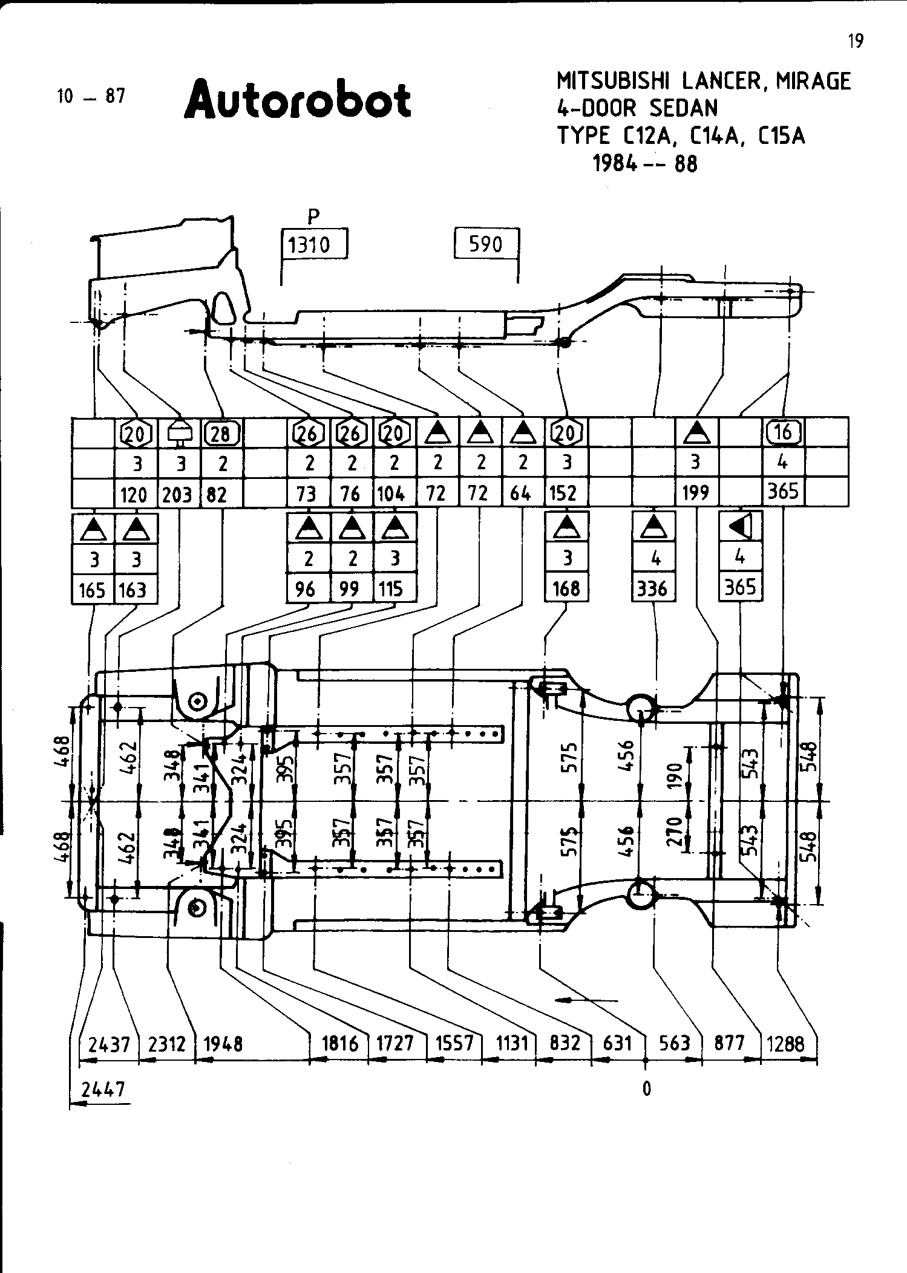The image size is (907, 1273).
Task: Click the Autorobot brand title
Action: pos(298,100)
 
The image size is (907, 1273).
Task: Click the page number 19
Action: pos(855,41)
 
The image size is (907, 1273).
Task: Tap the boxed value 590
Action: pos(486,244)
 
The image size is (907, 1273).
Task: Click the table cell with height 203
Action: pos(177,495)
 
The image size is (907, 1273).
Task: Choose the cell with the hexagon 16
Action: pos(783,432)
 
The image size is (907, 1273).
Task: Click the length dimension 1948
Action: pos(223,1044)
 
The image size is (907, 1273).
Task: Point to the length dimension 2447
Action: pos(103,1089)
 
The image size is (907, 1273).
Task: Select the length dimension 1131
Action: pos(512,1043)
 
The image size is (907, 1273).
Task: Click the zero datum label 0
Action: pos(646,1089)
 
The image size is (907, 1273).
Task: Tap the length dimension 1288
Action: pos(785,1043)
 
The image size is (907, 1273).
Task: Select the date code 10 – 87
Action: pos(91,96)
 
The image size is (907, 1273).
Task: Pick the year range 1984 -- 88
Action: pos(645,164)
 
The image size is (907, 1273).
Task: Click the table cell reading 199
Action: pos(696,493)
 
